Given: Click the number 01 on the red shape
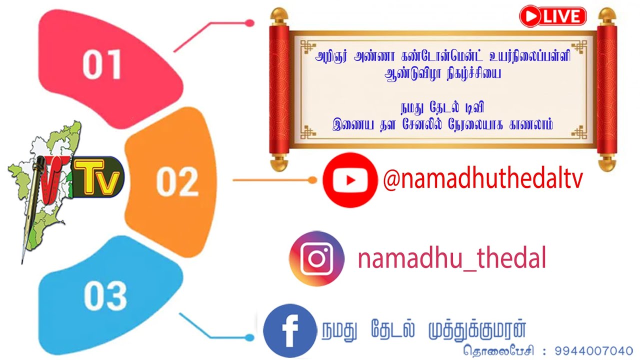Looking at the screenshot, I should point(102,64).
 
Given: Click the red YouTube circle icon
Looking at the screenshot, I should point(350,180).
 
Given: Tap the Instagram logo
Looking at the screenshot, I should point(316,258).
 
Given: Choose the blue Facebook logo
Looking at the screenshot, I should point(289,330).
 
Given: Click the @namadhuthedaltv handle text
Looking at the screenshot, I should point(482,179).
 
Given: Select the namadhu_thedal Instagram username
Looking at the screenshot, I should point(451,259).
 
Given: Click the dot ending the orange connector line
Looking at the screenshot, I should point(313,179).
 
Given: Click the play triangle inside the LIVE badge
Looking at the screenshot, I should point(530,17).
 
